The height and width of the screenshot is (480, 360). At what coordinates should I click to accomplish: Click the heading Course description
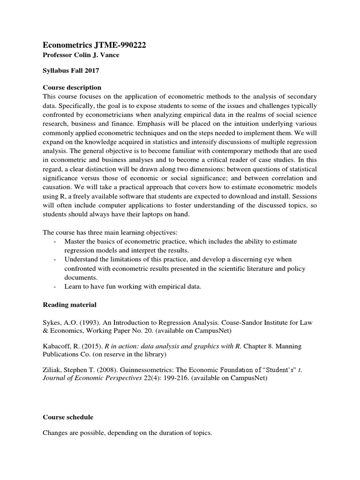coord(72,87)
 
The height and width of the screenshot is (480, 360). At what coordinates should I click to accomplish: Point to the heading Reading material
coord(69,305)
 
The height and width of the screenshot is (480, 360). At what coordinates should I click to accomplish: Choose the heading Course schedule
coord(68,417)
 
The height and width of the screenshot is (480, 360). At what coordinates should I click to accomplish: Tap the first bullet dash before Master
coord(56,241)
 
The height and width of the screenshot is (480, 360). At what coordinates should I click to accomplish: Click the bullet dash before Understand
coord(56,260)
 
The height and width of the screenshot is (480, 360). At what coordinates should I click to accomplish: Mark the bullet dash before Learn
coord(56,287)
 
